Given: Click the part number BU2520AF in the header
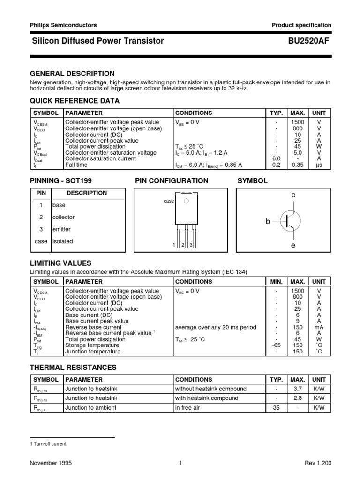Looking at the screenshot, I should click(310, 41).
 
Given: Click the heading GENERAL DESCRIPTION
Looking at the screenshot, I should click(72, 74).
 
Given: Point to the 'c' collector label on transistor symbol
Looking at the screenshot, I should click(293, 194).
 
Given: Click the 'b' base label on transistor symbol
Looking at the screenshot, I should click(268, 221).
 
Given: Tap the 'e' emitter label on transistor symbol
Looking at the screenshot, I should click(293, 246).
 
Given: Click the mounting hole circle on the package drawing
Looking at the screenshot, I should click(186, 201).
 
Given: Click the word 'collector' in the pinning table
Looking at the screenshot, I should click(63, 217).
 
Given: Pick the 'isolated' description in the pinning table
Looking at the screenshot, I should click(63, 241).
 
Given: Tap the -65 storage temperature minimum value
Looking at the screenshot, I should click(276, 345).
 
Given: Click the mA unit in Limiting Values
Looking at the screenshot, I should click(319, 327).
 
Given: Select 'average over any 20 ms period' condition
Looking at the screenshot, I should click(215, 327).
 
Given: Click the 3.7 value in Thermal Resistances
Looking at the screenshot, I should click(297, 389).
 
